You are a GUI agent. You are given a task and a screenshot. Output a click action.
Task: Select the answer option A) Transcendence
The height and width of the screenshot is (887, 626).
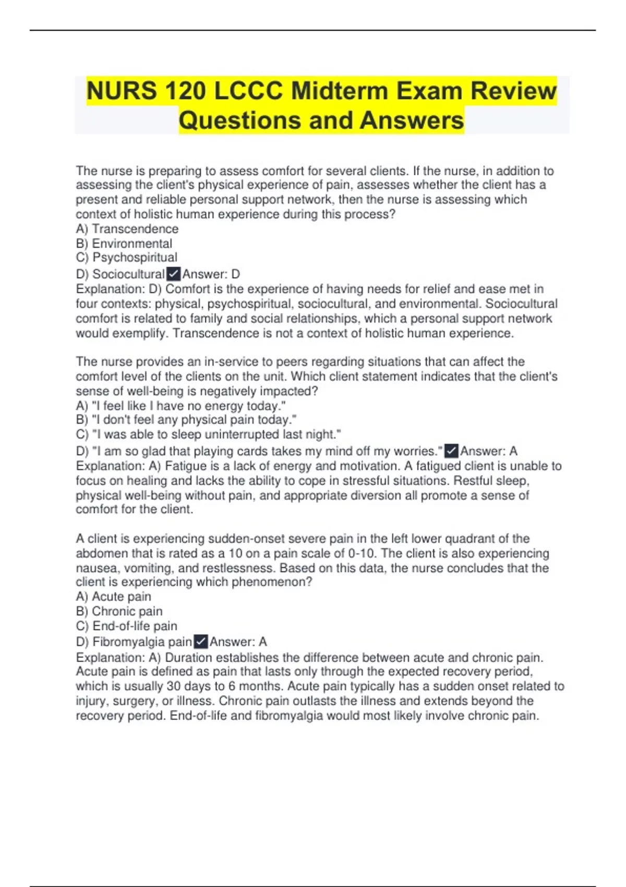pos(127,229)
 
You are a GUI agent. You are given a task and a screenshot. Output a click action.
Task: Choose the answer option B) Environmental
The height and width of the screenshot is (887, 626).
pos(124,244)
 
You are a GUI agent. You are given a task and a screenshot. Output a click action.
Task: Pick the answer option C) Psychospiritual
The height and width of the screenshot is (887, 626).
pos(127,258)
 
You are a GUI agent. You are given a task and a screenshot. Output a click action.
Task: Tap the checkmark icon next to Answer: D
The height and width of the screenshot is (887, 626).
pos(173,274)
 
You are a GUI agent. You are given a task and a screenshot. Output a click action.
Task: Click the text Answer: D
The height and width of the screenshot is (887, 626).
pos(211,274)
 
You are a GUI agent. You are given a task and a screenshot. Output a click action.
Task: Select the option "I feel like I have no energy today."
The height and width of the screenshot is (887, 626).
pos(180,406)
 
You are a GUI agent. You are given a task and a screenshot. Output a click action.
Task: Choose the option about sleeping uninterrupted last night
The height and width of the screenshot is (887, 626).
pos(208,435)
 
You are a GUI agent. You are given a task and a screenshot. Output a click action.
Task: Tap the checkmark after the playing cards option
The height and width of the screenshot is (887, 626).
pos(451,451)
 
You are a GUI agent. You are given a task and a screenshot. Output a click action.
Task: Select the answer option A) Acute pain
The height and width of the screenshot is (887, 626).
pos(114,597)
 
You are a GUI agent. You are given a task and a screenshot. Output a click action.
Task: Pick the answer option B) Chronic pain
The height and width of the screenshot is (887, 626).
pos(119,612)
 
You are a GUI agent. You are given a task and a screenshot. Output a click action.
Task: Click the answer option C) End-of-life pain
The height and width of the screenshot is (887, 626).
pos(127,626)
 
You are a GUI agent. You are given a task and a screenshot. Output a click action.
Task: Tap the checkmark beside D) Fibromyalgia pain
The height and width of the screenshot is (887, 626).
pos(201,642)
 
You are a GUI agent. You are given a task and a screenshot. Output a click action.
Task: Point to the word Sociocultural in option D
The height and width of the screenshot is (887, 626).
pos(128,274)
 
